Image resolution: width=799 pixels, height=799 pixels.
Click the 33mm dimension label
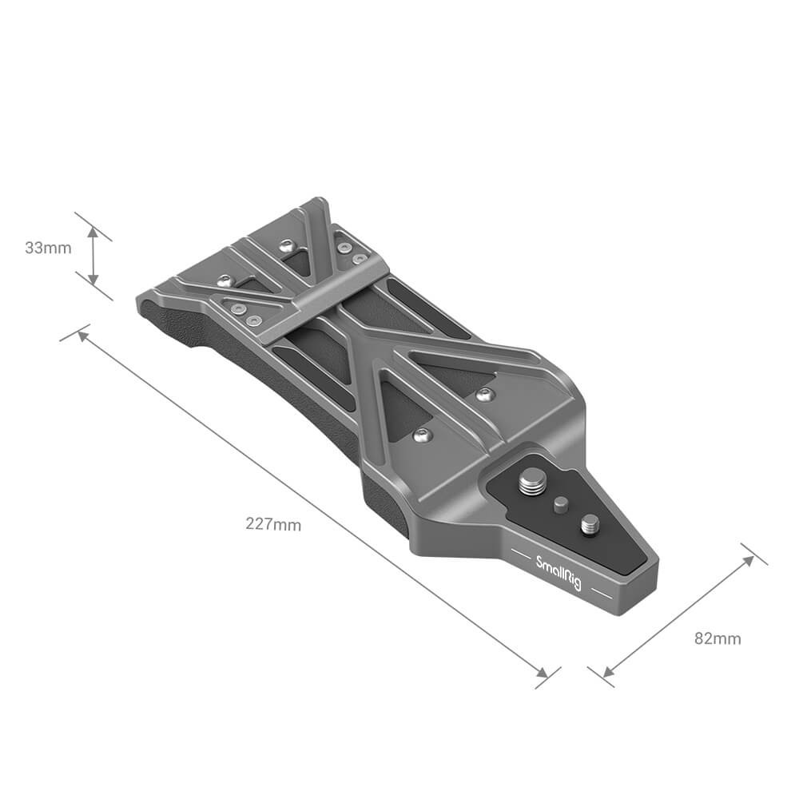(x=49, y=248)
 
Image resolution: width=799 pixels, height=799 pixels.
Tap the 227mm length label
(x=273, y=524)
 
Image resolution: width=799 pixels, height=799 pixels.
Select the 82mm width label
(x=718, y=638)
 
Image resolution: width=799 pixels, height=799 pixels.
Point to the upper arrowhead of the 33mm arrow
(x=93, y=233)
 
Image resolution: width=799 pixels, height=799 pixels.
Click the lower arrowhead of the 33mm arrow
(x=93, y=278)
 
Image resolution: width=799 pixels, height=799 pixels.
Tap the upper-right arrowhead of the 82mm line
(x=748, y=561)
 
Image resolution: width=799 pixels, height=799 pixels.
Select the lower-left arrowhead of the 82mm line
(x=608, y=672)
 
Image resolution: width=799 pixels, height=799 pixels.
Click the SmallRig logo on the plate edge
(x=559, y=573)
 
